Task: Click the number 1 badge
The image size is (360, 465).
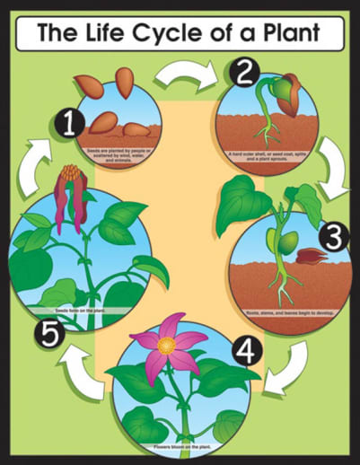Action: [x=68, y=122]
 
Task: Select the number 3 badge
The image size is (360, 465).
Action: [x=333, y=236]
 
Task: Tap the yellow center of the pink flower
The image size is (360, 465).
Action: [x=165, y=346]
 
